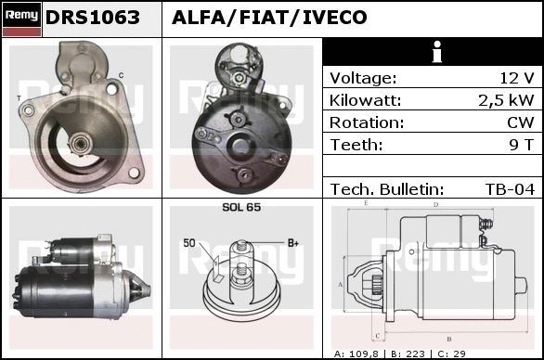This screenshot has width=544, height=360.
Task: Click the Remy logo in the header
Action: point(22,19)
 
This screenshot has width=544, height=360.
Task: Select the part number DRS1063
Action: point(93,18)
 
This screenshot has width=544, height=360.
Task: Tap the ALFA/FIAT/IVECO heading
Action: point(269,18)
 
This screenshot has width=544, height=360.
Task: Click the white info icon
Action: point(437,52)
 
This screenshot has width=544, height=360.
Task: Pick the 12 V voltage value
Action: point(516,78)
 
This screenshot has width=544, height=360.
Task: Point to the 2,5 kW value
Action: point(506,100)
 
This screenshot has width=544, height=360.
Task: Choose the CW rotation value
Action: point(521,122)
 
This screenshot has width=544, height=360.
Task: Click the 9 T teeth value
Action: point(522,145)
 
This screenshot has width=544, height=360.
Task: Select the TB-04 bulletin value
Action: point(510,189)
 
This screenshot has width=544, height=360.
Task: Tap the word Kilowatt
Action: point(365,100)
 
